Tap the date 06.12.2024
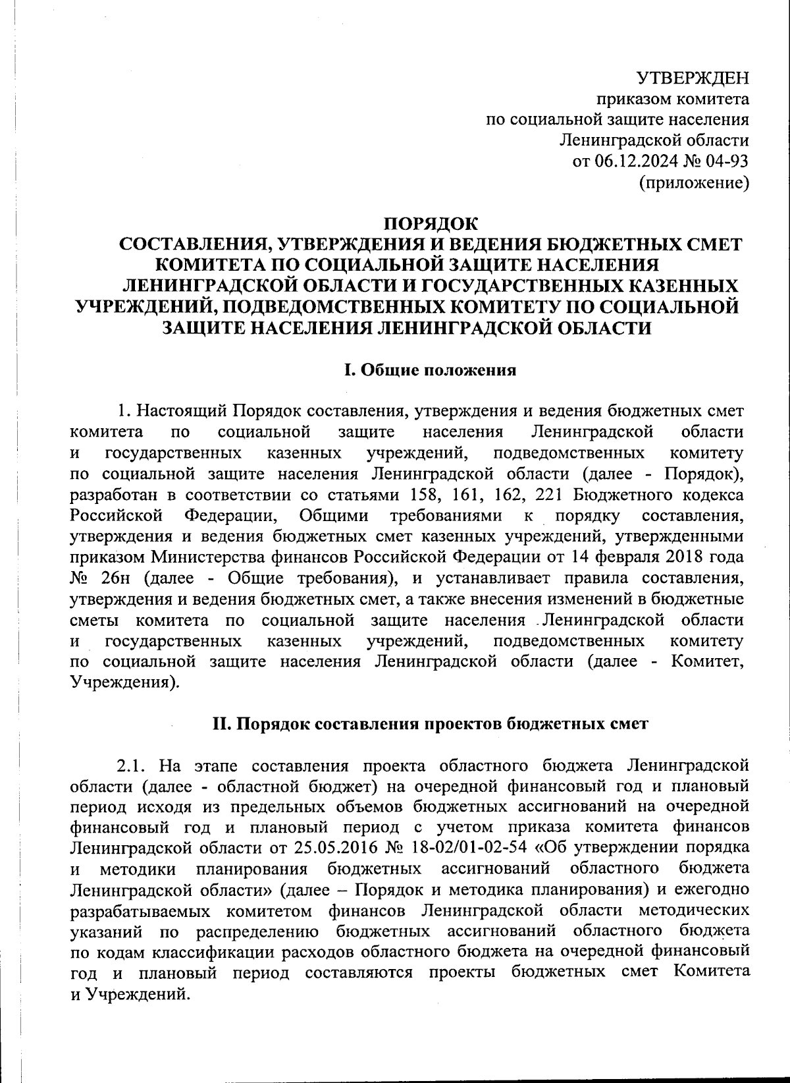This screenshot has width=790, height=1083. tap(631, 161)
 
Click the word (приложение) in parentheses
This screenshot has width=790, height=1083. tap(695, 182)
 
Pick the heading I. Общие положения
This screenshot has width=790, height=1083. tap(431, 370)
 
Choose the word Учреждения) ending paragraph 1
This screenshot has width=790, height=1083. tap(124, 682)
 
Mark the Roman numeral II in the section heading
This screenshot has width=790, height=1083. tap(221, 723)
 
